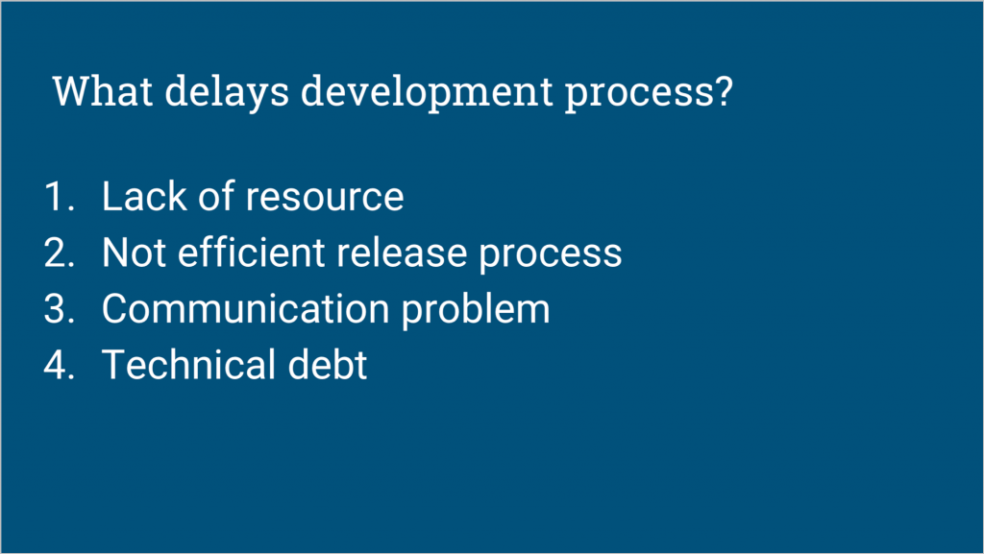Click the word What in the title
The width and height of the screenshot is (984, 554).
103,91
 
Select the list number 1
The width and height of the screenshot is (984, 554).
60,196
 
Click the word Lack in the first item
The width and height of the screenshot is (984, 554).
144,196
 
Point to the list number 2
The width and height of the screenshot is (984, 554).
60,253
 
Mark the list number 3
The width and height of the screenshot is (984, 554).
60,309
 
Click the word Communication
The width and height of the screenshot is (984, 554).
245,308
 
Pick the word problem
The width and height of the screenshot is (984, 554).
476,309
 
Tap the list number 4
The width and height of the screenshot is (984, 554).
60,366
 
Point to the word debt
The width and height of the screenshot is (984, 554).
327,365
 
